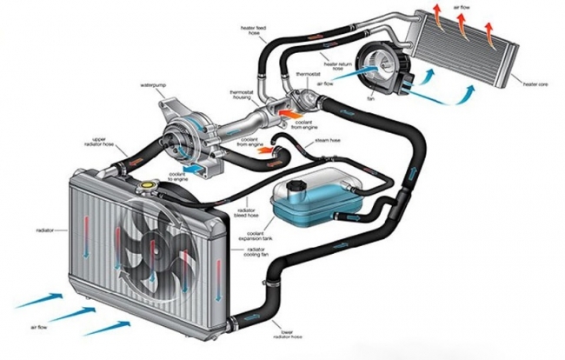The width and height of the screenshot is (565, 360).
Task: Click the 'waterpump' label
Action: [152, 85]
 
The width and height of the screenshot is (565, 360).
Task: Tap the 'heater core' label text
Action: [536, 83]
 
